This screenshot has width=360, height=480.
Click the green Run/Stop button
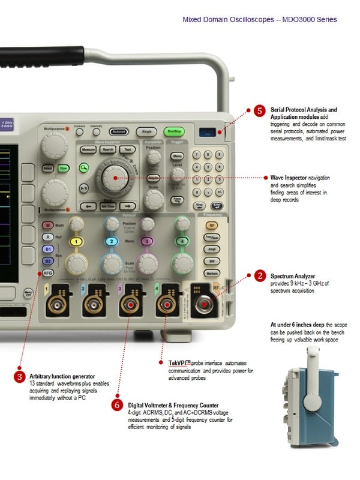[x=174, y=131]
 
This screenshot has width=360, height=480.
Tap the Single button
[x=146, y=131]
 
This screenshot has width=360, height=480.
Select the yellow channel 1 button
[x=76, y=241]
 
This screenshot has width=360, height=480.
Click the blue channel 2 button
[x=112, y=241]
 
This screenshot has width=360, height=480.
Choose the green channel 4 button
[x=182, y=241]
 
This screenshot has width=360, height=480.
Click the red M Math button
[x=47, y=226]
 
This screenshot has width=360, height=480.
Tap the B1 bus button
[x=48, y=249]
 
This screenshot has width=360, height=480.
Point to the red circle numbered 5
[x=259, y=111]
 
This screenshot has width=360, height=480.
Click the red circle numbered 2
[x=259, y=275]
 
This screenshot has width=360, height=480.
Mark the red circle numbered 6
[x=118, y=405]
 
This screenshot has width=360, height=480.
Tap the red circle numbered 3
[x=20, y=377]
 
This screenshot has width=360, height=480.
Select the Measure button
[x=89, y=149]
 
